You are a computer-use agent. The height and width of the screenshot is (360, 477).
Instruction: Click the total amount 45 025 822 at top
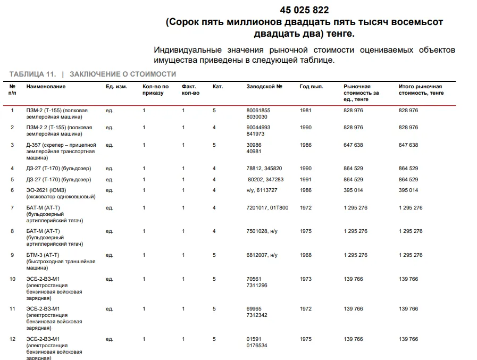point(304,10)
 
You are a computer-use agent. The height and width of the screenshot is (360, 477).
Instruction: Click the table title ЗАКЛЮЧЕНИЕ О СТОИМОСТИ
point(123,74)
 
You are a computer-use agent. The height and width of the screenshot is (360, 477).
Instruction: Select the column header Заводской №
point(264,87)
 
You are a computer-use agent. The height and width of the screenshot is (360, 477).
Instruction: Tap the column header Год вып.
point(311,87)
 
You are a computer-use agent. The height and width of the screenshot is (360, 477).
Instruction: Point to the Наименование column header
point(46,87)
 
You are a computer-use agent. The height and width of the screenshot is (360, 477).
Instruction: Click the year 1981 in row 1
point(306,111)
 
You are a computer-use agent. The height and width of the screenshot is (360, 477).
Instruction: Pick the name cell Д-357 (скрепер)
point(61,151)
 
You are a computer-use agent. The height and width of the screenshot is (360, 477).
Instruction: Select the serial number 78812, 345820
point(264,169)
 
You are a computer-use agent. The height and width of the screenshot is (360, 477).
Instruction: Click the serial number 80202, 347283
point(265,180)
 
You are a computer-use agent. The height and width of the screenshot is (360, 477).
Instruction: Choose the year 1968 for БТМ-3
point(306,255)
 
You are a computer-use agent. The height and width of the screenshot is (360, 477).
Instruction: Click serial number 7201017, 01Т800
point(267,208)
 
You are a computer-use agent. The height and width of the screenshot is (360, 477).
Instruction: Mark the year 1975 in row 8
point(306,231)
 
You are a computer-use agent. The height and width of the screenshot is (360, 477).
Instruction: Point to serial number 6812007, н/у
point(262,255)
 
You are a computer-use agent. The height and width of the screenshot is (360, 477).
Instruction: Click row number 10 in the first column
point(13,279)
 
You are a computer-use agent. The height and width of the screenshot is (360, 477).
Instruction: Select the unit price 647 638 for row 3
point(354,145)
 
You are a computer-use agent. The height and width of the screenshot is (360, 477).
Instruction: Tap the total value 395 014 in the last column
point(408,190)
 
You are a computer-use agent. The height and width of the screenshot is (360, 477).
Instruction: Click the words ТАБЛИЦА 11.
point(32,74)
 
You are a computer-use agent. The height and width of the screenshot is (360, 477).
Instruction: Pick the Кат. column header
point(217,87)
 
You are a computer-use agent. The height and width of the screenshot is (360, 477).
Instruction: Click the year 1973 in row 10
point(306,279)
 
